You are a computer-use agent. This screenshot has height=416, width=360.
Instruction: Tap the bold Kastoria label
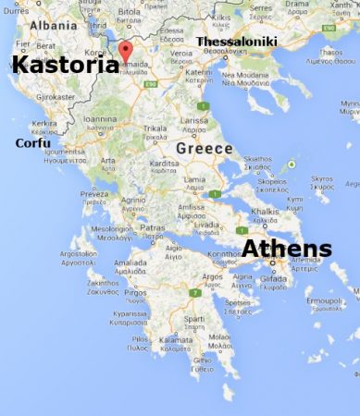60,64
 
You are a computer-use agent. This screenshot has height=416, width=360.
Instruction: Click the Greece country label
202,148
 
